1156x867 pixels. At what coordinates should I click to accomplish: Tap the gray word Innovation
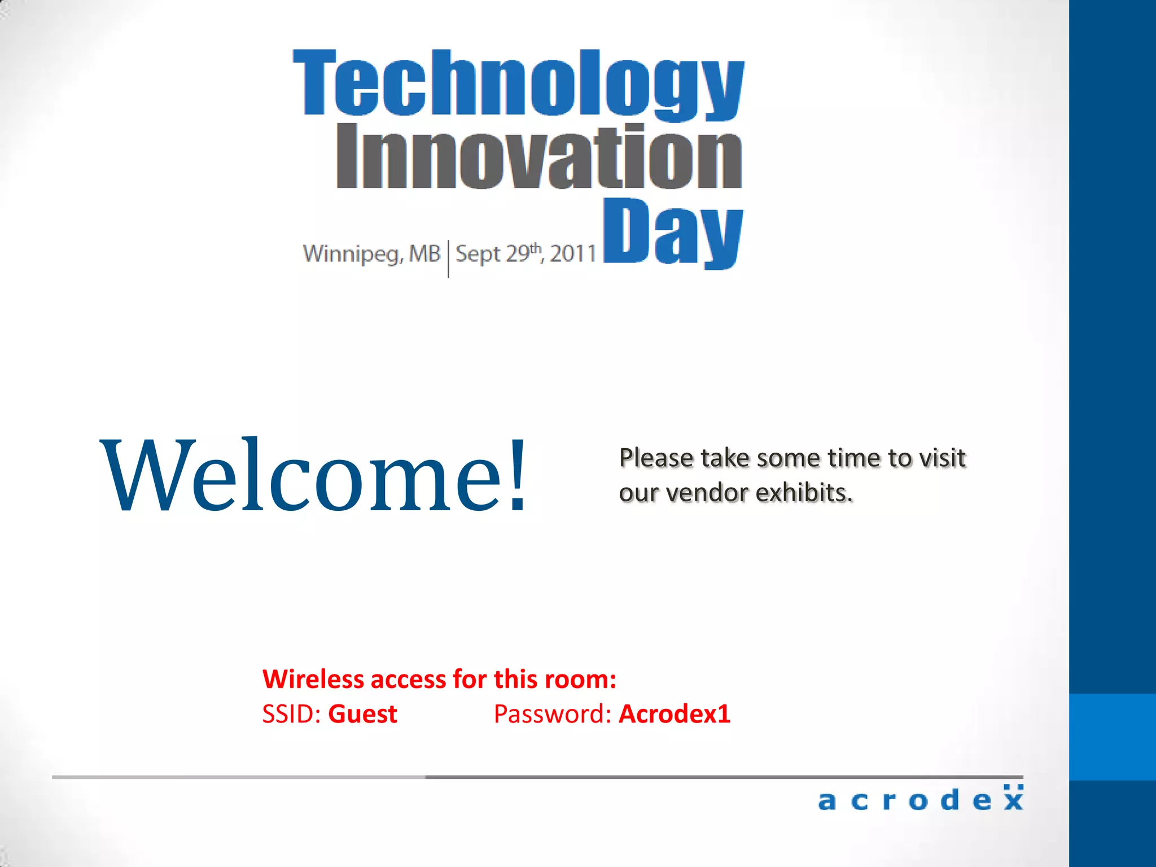539,157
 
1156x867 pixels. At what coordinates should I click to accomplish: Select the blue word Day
673,233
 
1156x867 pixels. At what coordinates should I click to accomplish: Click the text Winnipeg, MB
371,254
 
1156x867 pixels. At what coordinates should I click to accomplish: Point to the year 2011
573,254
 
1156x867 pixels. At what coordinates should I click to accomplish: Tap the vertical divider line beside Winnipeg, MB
448,259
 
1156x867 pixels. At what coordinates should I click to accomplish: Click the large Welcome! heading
313,475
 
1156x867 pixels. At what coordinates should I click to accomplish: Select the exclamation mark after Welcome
516,475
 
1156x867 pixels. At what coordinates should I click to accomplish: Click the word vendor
707,493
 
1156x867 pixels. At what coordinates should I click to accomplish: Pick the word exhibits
804,493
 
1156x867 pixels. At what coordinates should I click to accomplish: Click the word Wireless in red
313,679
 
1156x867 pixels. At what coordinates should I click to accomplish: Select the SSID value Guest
362,714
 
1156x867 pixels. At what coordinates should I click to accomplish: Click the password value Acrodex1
675,714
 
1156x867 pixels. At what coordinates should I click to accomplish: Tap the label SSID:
291,714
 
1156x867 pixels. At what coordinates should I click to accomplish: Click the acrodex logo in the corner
920,799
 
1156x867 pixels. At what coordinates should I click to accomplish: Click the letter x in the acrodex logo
1013,799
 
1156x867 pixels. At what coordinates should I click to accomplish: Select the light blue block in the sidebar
1113,737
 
